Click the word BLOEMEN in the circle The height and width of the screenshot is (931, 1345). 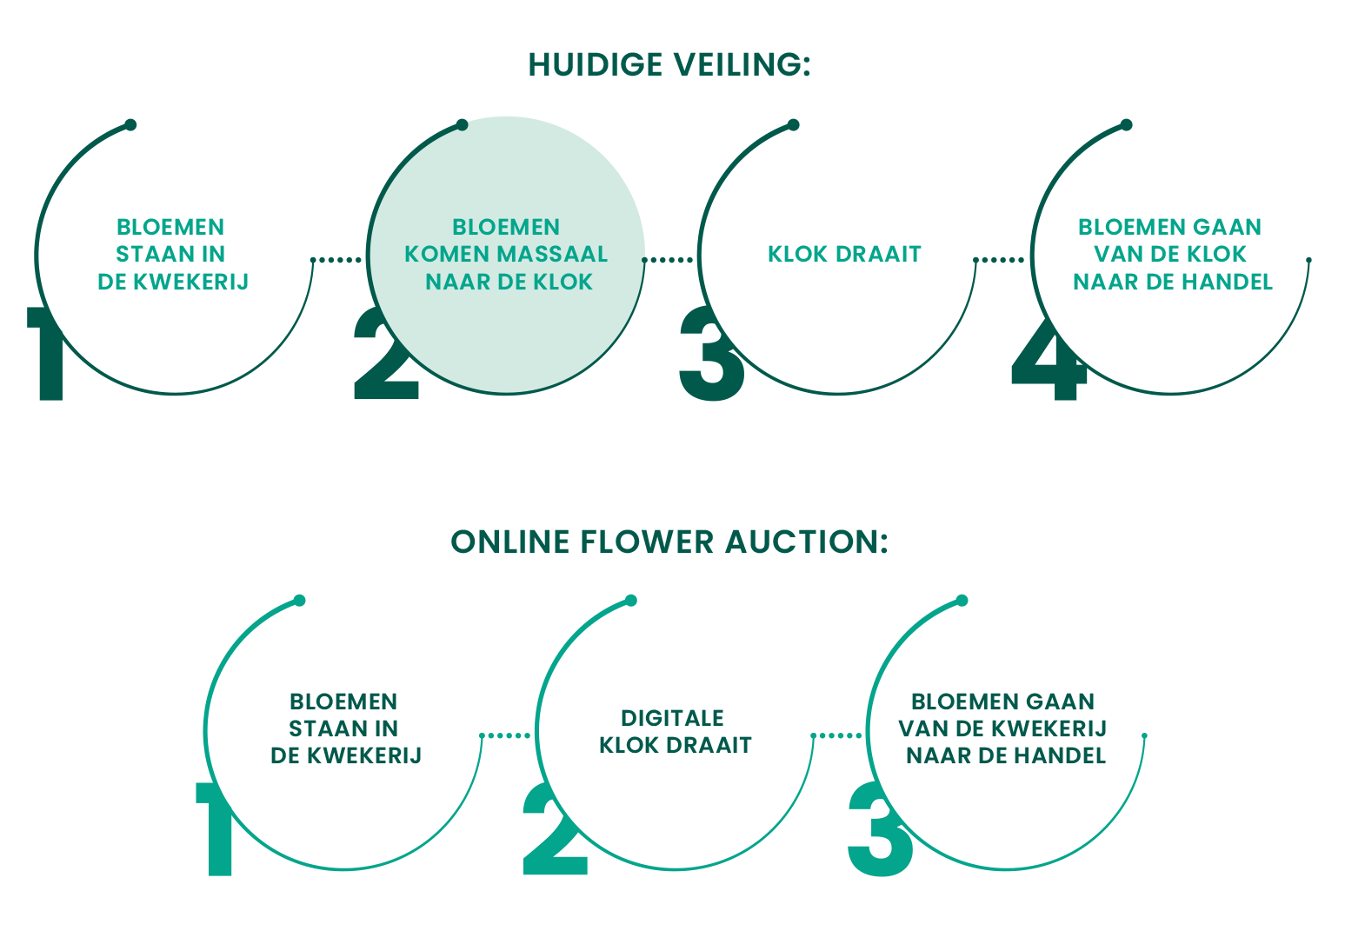pos(506,227)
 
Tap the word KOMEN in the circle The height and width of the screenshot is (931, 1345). pos(443,255)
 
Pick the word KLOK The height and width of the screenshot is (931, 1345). pos(563,283)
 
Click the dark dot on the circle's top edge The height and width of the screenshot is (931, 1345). pos(463,125)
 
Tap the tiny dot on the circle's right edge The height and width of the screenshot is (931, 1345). pos(644,259)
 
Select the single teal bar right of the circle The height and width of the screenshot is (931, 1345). pos(810,254)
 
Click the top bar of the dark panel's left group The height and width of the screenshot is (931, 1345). pos(132,227)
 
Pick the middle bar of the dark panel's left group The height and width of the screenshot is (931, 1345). pos(132,254)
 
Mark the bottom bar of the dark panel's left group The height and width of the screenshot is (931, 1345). pos(144,282)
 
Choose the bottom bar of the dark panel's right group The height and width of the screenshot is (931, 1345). pos(1155,282)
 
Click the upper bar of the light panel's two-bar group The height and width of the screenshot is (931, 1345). pos(631,718)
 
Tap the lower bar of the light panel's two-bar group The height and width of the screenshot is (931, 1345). pos(645,745)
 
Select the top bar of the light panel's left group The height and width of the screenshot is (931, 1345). pos(303,702)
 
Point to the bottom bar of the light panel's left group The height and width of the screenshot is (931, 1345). pos(315,755)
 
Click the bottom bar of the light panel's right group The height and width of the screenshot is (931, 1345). pos(988,755)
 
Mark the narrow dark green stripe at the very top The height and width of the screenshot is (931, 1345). pos(672,64)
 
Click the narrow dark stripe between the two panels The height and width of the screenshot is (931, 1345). pos(672,542)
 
